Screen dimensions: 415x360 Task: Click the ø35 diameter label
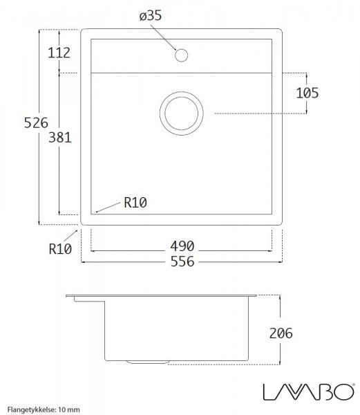151,16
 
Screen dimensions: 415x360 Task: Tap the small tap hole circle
182,54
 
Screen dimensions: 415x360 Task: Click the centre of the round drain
182,113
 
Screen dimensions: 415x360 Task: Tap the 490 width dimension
182,246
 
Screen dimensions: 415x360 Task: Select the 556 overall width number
182,261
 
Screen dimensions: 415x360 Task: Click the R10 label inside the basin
135,203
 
